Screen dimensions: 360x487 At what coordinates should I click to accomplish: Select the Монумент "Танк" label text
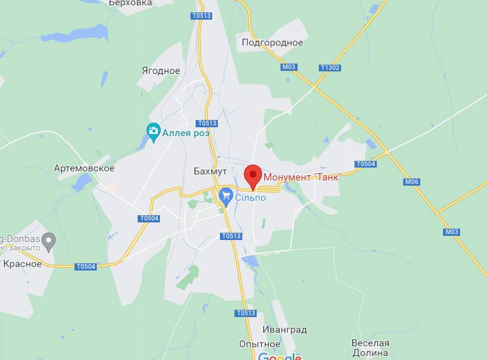(x=301, y=177)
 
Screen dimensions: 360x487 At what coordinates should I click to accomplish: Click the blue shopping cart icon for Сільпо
(x=226, y=196)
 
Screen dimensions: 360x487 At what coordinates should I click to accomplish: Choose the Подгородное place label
(x=272, y=42)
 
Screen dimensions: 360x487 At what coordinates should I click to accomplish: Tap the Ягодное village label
(x=161, y=71)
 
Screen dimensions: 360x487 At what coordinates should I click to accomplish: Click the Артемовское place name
(x=84, y=168)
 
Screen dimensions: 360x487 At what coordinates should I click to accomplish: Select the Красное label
(x=22, y=264)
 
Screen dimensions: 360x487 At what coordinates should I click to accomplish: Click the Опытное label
(x=260, y=344)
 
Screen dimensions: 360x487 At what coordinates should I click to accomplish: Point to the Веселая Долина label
(x=370, y=348)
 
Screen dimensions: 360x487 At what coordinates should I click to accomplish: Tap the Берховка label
(x=130, y=3)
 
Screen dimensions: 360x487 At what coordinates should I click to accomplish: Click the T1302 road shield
(x=330, y=68)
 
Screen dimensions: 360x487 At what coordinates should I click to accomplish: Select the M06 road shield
(x=412, y=182)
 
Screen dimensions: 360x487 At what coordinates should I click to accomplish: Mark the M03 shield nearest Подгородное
(x=289, y=67)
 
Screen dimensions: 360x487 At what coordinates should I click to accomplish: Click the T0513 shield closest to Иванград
(x=245, y=313)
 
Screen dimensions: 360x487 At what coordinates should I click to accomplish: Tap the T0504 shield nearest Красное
(x=85, y=266)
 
